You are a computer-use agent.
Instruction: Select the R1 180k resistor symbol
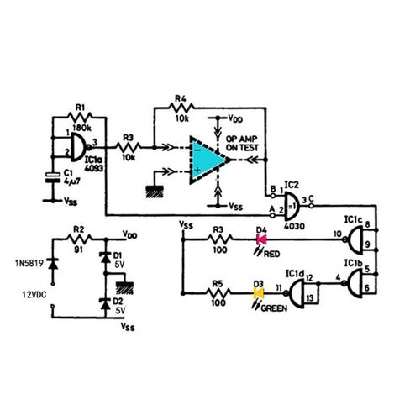(81, 116)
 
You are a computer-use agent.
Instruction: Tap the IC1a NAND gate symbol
(78, 149)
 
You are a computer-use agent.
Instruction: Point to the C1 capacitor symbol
(50, 178)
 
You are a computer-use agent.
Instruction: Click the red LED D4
(260, 240)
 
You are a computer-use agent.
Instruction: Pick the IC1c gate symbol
(359, 240)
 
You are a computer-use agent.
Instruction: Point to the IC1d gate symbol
(297, 292)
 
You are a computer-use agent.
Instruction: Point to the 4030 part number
(293, 225)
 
